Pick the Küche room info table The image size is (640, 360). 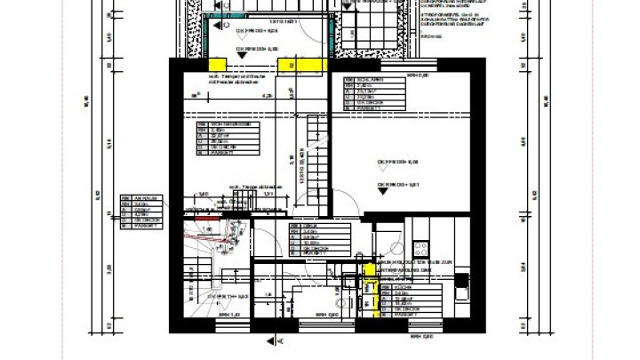[x=409, y=300]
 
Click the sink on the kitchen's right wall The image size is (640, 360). [x=462, y=283]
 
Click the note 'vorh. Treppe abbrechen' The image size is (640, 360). [x=256, y=187]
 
